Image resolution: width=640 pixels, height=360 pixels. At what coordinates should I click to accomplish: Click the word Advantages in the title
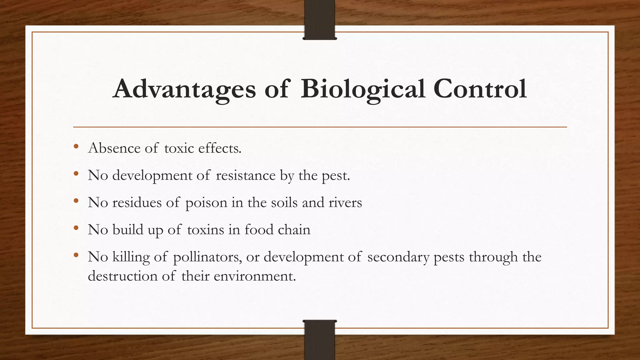point(184,89)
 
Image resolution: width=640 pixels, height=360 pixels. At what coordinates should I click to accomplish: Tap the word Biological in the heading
point(362,89)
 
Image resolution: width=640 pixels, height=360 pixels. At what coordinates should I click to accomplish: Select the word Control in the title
point(480,89)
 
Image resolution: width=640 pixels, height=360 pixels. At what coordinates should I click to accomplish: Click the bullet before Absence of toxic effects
point(76,147)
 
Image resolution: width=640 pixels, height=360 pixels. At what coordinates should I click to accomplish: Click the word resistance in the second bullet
point(246,175)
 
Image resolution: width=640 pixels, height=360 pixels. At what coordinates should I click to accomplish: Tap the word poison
point(206,203)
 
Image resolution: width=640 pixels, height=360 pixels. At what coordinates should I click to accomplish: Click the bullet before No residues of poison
point(76,201)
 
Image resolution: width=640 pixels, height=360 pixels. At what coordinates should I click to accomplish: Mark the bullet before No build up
point(76,228)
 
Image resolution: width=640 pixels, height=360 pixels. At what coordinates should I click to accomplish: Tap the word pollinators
point(207,257)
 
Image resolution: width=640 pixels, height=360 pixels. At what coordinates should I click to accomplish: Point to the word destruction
point(122,276)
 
